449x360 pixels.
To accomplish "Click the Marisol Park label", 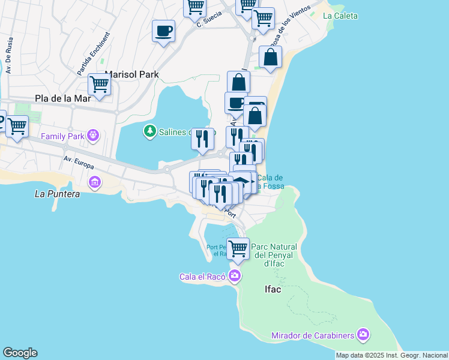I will click(x=131, y=74).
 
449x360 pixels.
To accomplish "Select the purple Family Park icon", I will click(x=92, y=136).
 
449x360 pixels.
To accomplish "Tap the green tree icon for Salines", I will click(x=149, y=130).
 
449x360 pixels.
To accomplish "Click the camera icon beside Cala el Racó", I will click(x=234, y=276).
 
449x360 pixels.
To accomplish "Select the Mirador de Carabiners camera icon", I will click(x=363, y=334).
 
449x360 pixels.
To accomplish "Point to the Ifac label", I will click(x=273, y=289).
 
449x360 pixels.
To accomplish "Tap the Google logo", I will click(x=20, y=353).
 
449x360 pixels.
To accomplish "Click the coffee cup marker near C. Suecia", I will click(x=163, y=31).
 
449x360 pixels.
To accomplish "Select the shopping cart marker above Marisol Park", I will click(x=99, y=84).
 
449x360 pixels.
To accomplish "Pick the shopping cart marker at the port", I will click(x=238, y=248).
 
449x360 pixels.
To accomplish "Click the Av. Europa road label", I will click(x=80, y=161).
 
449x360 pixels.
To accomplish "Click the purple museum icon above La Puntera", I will click(x=94, y=181).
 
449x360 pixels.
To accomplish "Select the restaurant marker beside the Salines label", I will click(x=202, y=139).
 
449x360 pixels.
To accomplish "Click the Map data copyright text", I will click(x=391, y=355).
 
